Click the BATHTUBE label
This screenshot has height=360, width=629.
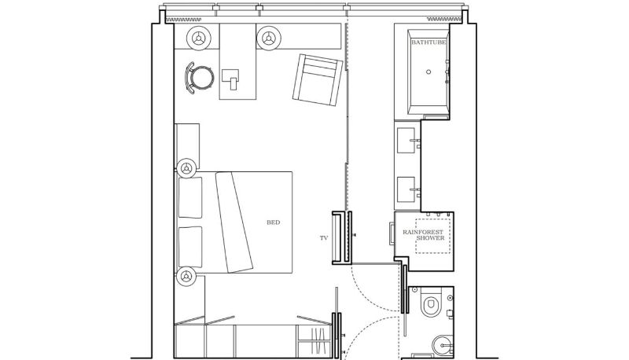(x=429, y=42)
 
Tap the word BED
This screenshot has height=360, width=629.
(x=273, y=222)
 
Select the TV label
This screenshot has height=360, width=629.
(x=324, y=238)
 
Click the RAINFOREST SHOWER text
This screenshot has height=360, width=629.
(x=424, y=235)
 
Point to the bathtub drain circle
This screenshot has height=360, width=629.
(x=429, y=72)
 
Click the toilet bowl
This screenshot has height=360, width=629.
(x=430, y=303)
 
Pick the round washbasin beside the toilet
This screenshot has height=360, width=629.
(x=443, y=345)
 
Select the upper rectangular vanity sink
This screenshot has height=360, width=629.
(x=406, y=141)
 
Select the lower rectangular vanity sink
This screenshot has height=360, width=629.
(x=406, y=189)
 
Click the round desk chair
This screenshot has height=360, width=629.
(x=200, y=78)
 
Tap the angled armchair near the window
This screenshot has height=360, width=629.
(x=318, y=79)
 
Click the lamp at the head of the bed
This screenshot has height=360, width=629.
(x=186, y=168)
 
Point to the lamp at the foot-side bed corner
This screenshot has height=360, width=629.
(x=186, y=276)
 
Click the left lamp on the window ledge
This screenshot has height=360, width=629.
(x=199, y=38)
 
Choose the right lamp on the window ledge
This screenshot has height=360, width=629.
(x=269, y=38)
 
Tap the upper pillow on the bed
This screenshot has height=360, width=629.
(x=190, y=197)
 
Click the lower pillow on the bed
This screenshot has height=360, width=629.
(x=190, y=247)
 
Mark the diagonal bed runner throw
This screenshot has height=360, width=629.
(x=234, y=222)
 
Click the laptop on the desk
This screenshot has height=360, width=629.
(x=230, y=79)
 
